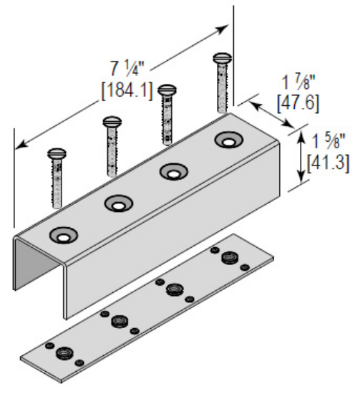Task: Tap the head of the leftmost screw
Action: point(57,153)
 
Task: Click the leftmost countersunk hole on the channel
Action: point(62,236)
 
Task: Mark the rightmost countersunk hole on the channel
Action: point(228,140)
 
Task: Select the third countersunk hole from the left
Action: point(173,172)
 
